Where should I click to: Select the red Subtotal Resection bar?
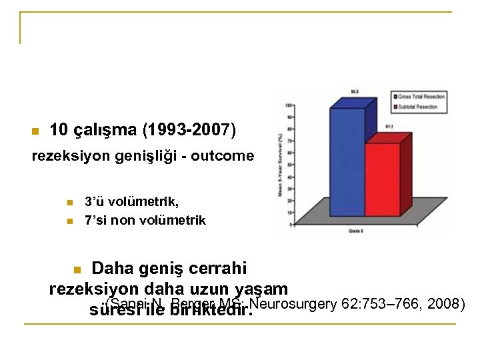(x=382, y=177)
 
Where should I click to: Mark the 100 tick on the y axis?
(x=289, y=106)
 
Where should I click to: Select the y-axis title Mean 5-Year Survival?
(x=281, y=163)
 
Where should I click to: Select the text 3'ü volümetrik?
(x=131, y=202)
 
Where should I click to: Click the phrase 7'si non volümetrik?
(x=145, y=219)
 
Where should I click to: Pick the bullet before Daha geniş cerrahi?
(x=77, y=270)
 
